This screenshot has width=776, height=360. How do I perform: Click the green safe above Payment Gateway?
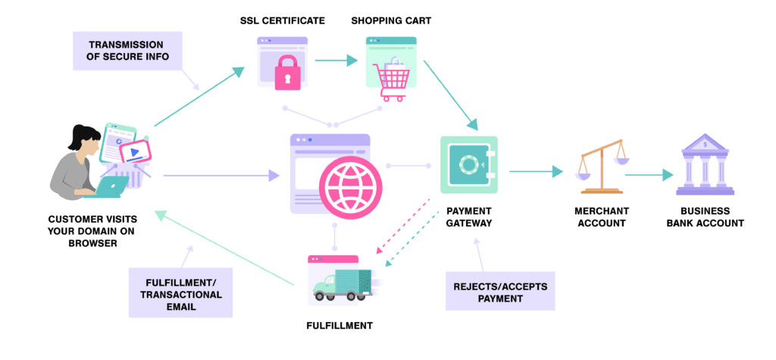469,164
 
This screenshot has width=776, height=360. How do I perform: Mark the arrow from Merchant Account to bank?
649,175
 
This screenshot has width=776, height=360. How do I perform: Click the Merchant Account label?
601,217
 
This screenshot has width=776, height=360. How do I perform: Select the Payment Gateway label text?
469,217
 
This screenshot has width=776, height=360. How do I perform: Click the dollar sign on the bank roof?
706,144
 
